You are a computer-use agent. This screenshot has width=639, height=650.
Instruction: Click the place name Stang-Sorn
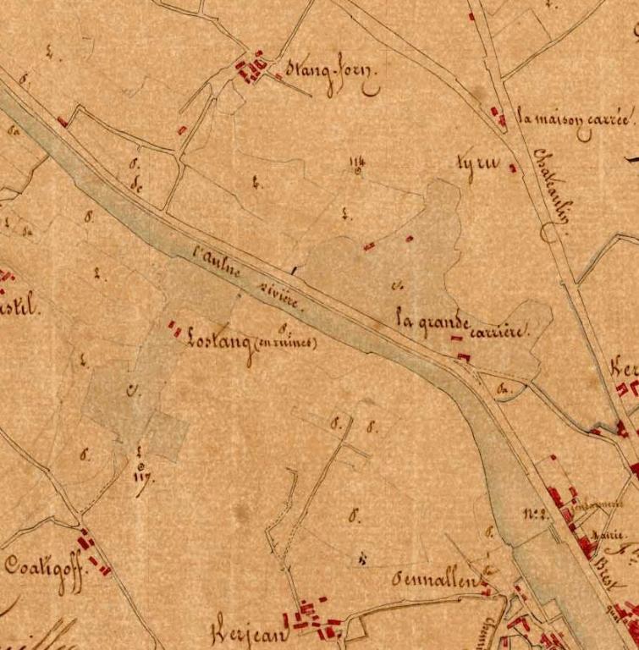(x=331, y=74)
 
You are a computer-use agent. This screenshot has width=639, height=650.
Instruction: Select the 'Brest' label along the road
(x=606, y=562)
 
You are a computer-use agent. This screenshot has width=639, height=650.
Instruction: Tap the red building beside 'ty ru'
(x=512, y=168)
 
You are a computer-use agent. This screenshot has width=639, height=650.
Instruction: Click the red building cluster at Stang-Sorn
(x=251, y=68)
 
